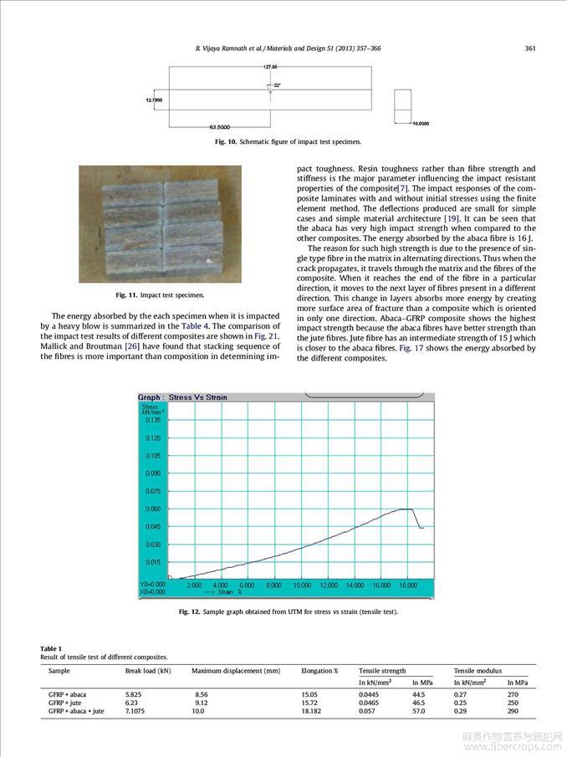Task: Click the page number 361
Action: tap(529, 49)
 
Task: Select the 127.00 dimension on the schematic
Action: tap(269, 66)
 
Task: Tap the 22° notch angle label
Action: tap(277, 85)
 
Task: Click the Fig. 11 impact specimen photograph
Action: tap(160, 223)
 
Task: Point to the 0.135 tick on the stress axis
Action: tap(153, 421)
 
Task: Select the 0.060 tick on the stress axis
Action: tap(153, 509)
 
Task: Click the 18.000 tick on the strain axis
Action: tap(407, 586)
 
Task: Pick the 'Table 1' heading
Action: tap(51, 649)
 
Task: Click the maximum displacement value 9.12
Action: tap(202, 703)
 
